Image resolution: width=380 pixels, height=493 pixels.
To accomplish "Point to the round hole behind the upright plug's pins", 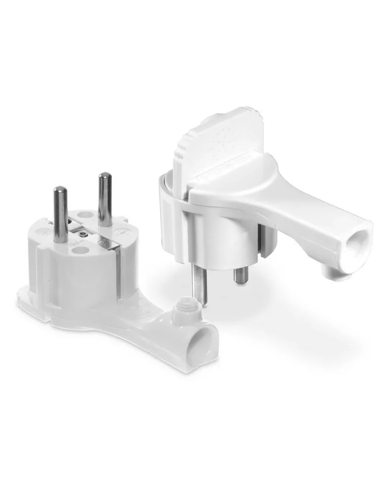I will point(85,215).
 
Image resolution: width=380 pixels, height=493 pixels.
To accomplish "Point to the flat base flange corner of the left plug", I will point(25,296).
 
